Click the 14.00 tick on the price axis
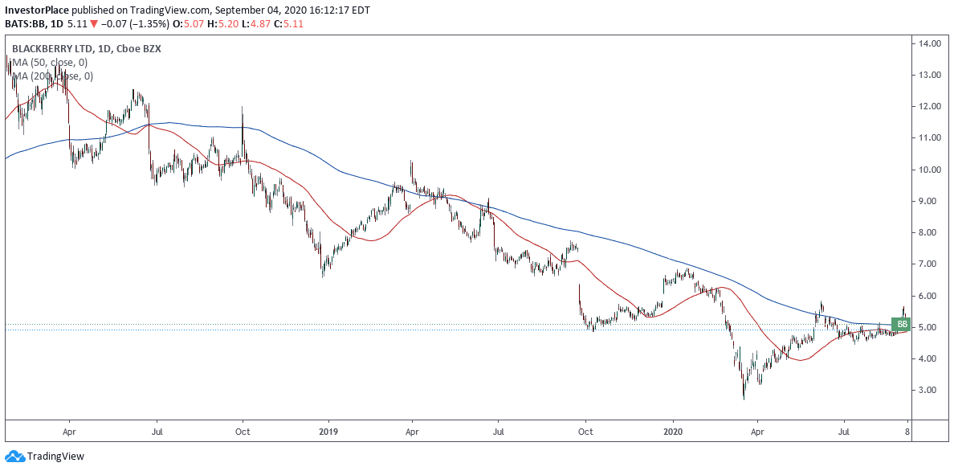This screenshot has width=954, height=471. point(931,43)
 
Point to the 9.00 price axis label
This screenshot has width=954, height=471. point(931,201)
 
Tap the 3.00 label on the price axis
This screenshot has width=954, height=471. point(931,390)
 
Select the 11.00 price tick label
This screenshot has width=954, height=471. point(931,138)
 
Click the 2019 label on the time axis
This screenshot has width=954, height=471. point(328,431)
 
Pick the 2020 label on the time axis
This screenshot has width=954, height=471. point(672,431)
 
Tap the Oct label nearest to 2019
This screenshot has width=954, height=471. point(243,431)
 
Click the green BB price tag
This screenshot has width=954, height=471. point(902,324)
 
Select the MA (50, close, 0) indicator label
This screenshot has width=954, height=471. point(49,63)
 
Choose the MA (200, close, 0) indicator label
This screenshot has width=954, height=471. point(51,76)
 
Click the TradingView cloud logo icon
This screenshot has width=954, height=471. point(14,457)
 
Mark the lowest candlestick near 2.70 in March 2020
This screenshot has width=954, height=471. point(744,394)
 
